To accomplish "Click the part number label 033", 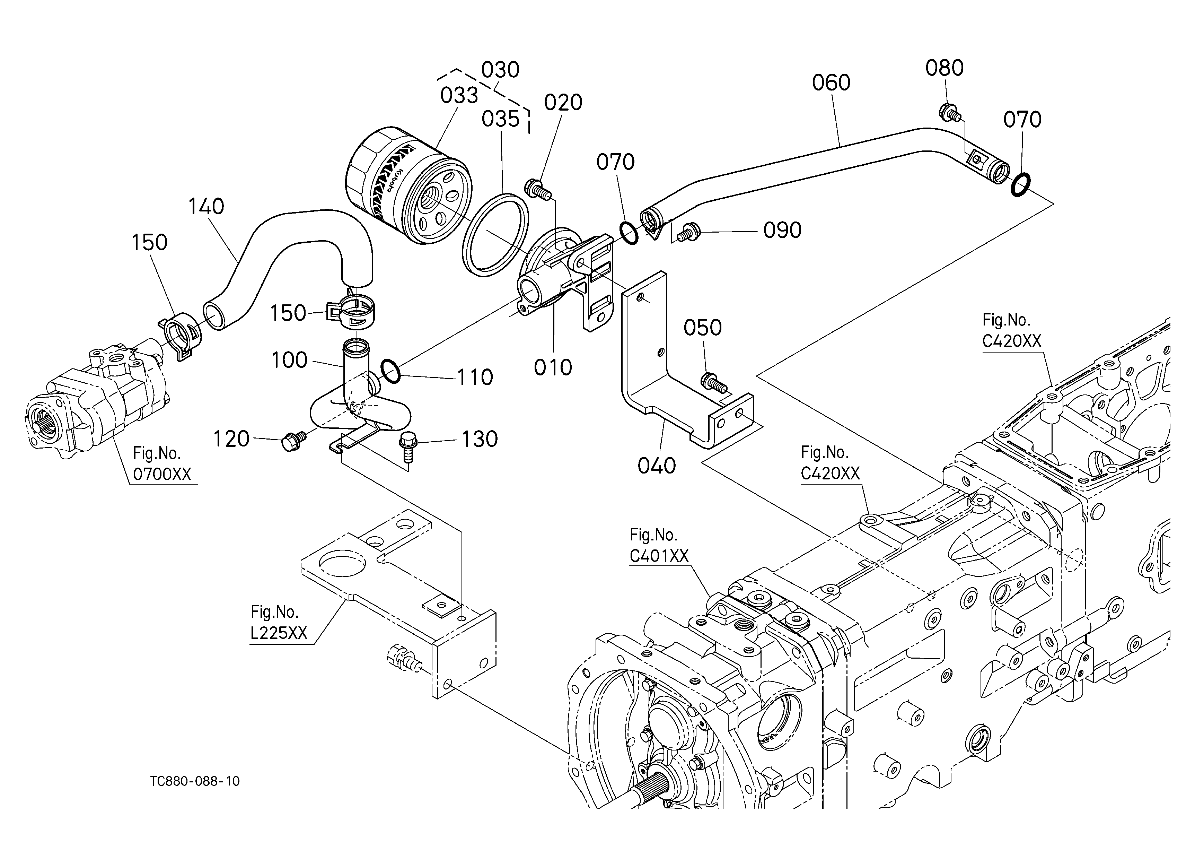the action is pos(459,96).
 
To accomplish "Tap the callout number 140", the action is pos(207,207).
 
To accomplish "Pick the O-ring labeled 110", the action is pos(390,372).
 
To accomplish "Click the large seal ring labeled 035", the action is pos(495,235).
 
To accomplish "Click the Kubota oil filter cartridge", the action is pos(409,185).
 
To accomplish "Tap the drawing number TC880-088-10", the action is pos(195,781).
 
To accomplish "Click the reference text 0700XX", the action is pos(162,474).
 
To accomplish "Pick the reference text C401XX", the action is pos(659,556).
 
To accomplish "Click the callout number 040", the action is pos(657,466).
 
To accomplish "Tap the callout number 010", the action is pos(553,368).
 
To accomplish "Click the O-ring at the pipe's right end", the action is pos(1021,185).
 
